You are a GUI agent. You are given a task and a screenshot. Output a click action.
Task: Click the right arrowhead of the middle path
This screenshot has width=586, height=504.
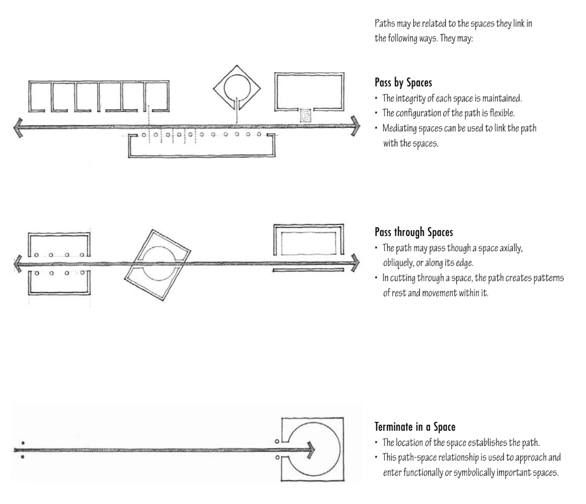(355, 262)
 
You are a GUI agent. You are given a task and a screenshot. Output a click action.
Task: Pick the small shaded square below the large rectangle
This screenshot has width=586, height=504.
(305, 116)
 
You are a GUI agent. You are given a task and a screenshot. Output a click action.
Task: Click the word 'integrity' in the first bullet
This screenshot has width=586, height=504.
(411, 98)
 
